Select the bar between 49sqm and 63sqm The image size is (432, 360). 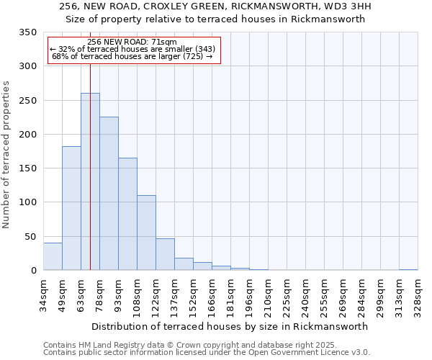pyautogui.click(x=71, y=208)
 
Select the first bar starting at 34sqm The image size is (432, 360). pyautogui.click(x=53, y=256)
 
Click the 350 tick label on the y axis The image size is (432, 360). pyautogui.click(x=27, y=32)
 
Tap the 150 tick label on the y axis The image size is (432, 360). pyautogui.click(x=27, y=168)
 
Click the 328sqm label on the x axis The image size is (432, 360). pyautogui.click(x=418, y=294)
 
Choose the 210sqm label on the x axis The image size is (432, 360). pyautogui.click(x=268, y=294)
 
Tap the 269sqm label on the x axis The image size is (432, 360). pyautogui.click(x=343, y=294)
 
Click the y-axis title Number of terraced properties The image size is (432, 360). pyautogui.click(x=7, y=155)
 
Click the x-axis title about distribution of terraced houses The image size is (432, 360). pyautogui.click(x=230, y=326)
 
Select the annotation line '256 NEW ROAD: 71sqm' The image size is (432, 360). pyautogui.click(x=132, y=42)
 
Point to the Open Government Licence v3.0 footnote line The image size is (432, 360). pyautogui.click(x=207, y=352)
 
